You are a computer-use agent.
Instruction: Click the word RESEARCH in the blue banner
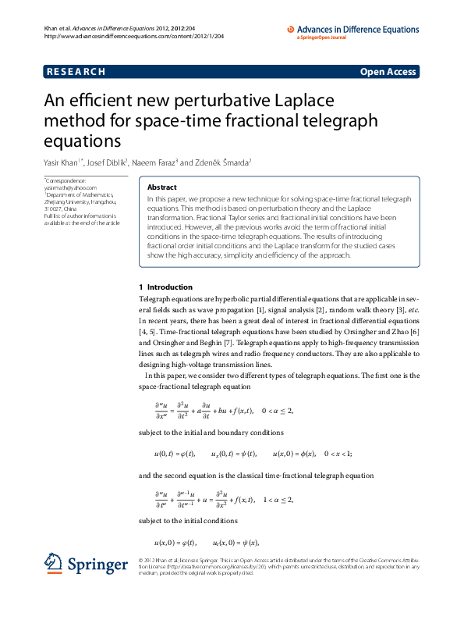tap(76, 72)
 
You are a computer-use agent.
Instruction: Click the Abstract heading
tap(161, 187)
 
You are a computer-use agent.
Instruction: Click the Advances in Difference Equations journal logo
tap(351, 30)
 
